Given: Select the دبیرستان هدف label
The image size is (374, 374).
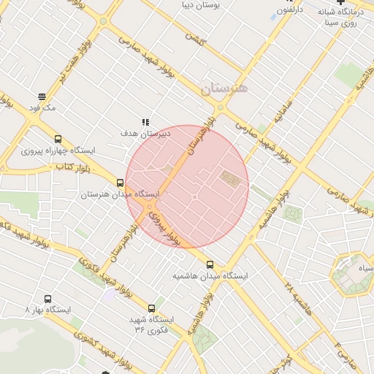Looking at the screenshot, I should (146, 134).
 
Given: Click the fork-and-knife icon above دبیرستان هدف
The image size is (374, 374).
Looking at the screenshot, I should (145, 122).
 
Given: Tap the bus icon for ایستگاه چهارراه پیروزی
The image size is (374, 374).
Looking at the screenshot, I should (58, 139).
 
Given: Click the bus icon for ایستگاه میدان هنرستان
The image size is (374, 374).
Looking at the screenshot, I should (120, 183).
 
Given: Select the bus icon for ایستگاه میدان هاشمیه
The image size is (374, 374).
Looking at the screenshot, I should (210, 264).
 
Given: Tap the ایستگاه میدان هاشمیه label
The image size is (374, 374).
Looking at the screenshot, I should (210, 277).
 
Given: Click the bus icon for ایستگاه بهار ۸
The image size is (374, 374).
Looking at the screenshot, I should (47, 299).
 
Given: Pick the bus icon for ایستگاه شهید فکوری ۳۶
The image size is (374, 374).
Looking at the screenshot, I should (152, 308).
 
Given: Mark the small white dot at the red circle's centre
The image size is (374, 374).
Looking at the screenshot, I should (195, 197).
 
